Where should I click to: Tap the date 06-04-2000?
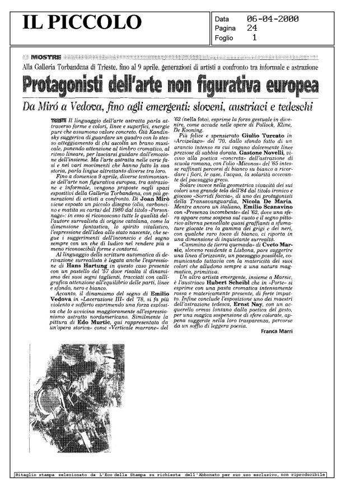coord(273,18)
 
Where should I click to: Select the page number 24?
coord(253,28)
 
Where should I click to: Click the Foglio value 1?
coord(255,38)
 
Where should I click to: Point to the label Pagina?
coord(226,28)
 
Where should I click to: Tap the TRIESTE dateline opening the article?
coord(57,120)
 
